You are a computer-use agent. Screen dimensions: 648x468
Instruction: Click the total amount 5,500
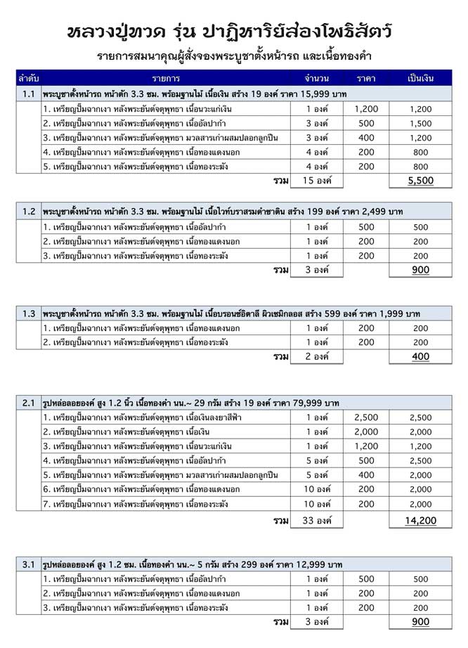pyautogui.click(x=420, y=181)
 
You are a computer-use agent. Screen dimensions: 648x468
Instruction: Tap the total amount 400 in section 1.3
pyautogui.click(x=420, y=357)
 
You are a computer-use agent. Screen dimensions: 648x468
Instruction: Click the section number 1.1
pyautogui.click(x=29, y=93)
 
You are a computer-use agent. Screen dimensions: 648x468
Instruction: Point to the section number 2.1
pyautogui.click(x=29, y=403)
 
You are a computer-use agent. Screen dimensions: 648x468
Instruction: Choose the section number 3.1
pyautogui.click(x=29, y=564)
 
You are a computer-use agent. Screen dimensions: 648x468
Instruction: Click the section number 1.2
pyautogui.click(x=29, y=211)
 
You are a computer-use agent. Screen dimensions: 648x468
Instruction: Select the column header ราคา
pyautogui.click(x=366, y=77)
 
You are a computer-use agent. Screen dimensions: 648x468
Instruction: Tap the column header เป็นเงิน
pyautogui.click(x=420, y=77)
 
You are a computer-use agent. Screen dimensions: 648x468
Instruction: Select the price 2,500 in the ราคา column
pyautogui.click(x=366, y=417)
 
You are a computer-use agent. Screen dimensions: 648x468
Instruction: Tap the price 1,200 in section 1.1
pyautogui.click(x=366, y=109)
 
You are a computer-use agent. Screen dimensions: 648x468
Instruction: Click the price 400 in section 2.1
pyautogui.click(x=366, y=475)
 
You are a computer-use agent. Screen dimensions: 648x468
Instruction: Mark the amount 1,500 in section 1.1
pyautogui.click(x=420, y=123)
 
